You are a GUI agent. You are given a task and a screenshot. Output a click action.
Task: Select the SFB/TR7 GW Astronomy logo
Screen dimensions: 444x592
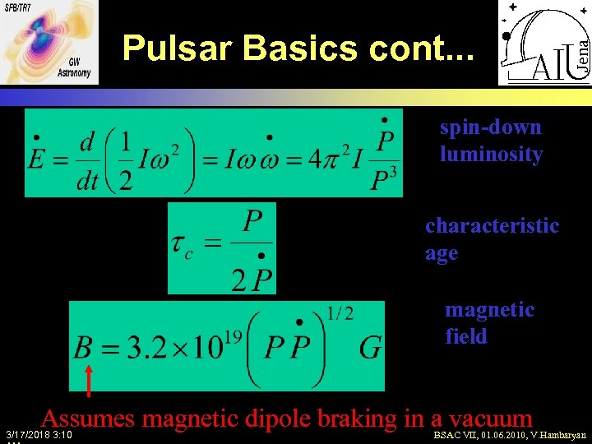click(49, 42)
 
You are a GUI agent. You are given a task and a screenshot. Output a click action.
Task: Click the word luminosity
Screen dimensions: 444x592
click(491, 155)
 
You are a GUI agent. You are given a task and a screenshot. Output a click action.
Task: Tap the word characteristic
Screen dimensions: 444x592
click(492, 225)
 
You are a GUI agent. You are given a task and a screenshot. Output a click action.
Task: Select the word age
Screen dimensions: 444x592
click(442, 253)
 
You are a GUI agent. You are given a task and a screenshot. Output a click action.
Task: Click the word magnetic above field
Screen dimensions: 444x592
click(489, 310)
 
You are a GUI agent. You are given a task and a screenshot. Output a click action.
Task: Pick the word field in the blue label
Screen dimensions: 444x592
click(466, 336)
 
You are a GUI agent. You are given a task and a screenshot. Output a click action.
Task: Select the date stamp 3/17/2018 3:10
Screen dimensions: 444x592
click(38, 434)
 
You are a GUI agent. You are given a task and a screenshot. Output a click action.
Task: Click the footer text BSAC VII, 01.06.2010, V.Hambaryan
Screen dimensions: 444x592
click(510, 434)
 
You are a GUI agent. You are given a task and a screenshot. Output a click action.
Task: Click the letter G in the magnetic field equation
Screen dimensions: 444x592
click(370, 349)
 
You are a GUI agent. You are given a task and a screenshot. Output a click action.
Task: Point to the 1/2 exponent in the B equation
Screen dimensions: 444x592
click(340, 313)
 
